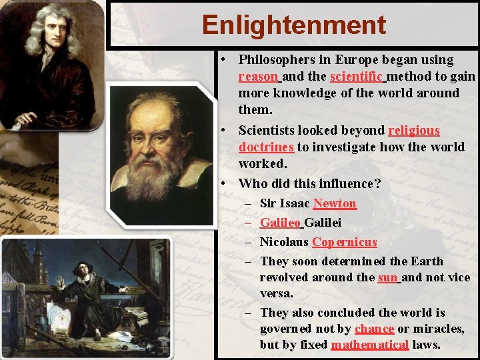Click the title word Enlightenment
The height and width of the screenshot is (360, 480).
294,25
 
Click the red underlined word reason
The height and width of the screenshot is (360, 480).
257,77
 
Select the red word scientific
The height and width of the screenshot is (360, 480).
356,77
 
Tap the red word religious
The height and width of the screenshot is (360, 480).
414,131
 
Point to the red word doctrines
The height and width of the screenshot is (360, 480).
266,147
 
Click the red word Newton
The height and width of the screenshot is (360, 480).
335,203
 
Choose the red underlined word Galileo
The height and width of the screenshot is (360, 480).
280,223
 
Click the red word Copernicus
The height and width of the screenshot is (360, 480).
344,242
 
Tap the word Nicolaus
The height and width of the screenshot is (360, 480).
284,242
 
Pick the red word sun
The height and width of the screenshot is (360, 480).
387,277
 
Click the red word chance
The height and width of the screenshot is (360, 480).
374,329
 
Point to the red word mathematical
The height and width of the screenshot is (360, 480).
369,345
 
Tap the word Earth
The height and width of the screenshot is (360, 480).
427,261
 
